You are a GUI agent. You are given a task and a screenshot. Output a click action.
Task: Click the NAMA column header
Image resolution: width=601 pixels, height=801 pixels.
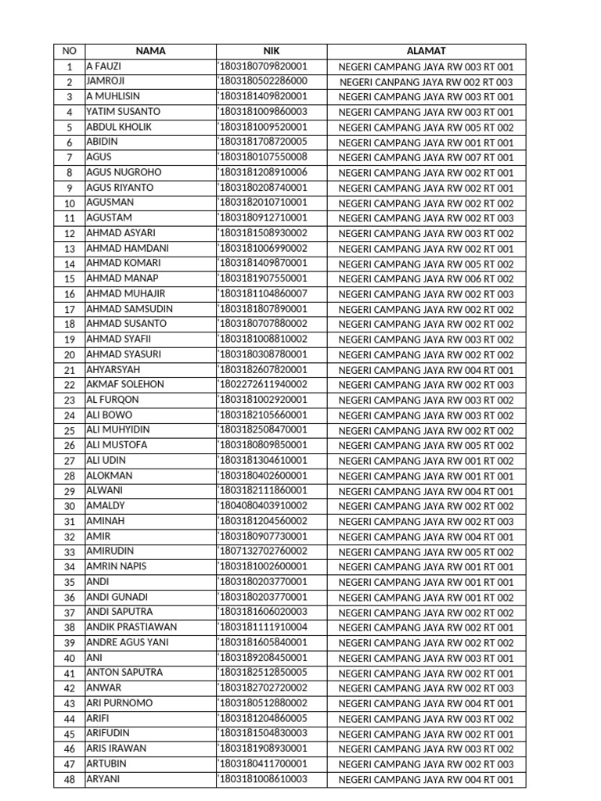tap(150, 51)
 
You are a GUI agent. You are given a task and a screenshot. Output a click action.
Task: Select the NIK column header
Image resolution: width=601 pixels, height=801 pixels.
tap(271, 51)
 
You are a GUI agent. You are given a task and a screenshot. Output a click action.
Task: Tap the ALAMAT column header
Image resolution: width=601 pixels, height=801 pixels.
tap(426, 51)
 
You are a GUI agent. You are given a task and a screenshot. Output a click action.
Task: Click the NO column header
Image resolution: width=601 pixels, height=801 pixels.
tap(69, 51)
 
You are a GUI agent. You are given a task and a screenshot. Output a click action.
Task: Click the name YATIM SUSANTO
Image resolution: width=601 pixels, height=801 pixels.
tap(123, 112)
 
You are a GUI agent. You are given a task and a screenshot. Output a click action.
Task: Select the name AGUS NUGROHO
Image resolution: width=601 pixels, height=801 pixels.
tap(124, 173)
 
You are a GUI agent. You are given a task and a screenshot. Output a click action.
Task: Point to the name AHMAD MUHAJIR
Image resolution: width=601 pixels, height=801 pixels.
tap(125, 294)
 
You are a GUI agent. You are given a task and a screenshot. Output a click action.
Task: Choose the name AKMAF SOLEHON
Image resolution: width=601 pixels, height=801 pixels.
tap(125, 385)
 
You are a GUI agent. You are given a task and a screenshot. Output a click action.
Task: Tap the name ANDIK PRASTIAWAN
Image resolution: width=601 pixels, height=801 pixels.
tap(131, 627)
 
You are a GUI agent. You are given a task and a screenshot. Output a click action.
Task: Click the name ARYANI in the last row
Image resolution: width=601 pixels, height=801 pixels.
tap(103, 779)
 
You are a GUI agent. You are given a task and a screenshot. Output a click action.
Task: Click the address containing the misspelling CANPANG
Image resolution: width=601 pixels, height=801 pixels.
tap(426, 82)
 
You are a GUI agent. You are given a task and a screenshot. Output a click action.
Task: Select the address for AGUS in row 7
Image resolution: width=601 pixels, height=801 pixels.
tap(426, 158)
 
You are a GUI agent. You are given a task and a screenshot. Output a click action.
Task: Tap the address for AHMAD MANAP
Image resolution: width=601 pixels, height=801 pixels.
tap(426, 279)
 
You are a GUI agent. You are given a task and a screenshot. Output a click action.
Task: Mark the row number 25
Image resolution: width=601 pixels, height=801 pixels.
tap(69, 431)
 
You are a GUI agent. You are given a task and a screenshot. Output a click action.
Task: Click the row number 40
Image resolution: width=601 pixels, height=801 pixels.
tap(69, 659)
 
